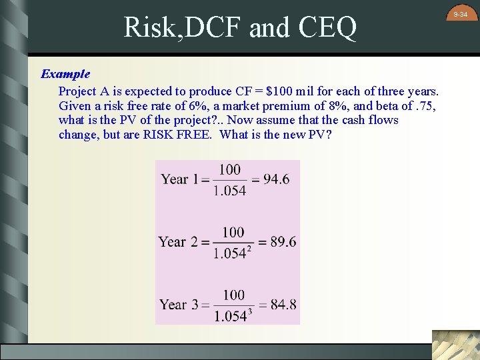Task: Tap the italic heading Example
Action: pyautogui.click(x=65, y=73)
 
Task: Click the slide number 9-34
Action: pyautogui.click(x=461, y=14)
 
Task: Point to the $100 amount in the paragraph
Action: pyautogui.click(x=279, y=91)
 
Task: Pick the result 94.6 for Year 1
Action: pyautogui.click(x=275, y=179)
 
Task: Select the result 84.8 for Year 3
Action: pyautogui.click(x=283, y=305)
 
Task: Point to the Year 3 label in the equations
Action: pyautogui.click(x=178, y=305)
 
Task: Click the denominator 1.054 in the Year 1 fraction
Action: pyautogui.click(x=230, y=191)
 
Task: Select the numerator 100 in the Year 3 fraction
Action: pyautogui.click(x=233, y=295)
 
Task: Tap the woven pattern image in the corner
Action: pyautogui.click(x=455, y=345)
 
